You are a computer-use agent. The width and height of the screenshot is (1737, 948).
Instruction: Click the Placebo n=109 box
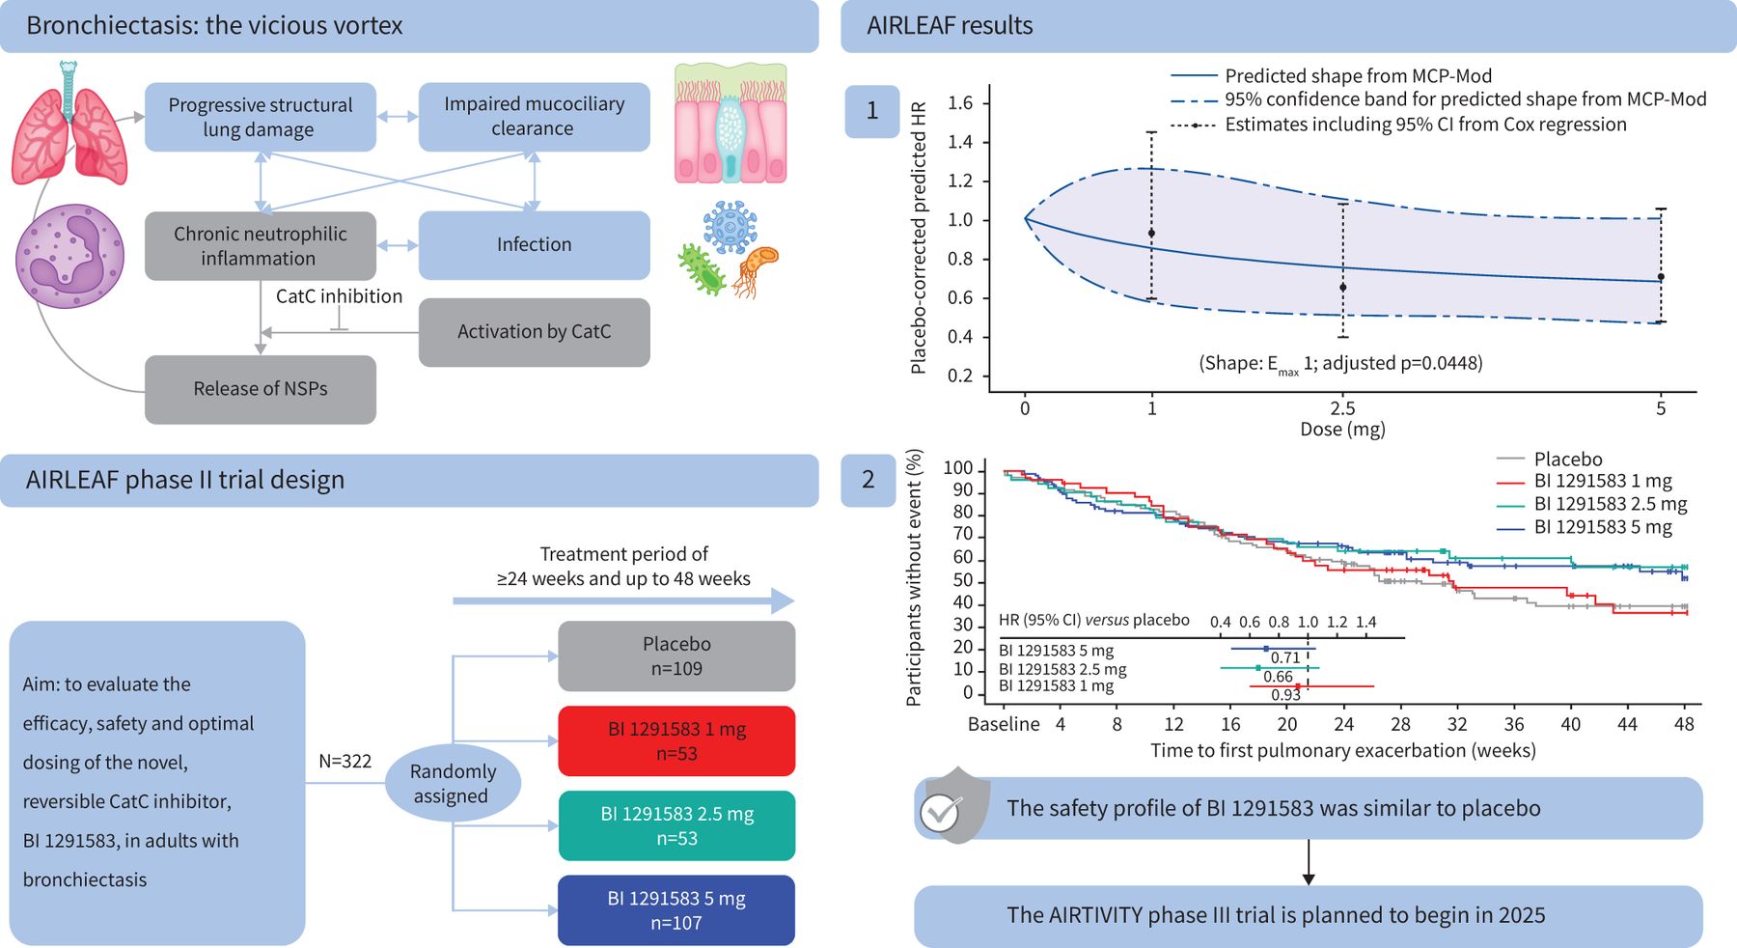(676, 656)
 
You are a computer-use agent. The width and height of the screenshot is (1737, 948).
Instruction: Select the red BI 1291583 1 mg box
(676, 741)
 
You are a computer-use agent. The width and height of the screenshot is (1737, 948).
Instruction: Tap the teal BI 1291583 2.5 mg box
(676, 826)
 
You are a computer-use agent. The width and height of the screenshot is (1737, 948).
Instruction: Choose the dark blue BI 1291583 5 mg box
(676, 910)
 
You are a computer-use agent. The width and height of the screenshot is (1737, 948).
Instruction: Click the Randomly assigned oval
(453, 783)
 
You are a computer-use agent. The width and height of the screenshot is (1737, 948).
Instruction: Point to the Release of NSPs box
(261, 389)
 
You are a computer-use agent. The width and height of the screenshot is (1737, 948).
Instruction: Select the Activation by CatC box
(534, 332)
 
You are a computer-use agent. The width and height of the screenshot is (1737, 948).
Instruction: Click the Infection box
(534, 245)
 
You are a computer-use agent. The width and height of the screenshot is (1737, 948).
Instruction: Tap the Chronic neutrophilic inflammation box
(261, 246)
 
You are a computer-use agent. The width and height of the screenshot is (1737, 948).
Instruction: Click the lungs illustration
(69, 125)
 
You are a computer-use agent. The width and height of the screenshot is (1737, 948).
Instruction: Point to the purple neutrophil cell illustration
(69, 256)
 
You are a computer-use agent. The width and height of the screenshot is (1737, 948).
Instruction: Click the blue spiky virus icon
(730, 227)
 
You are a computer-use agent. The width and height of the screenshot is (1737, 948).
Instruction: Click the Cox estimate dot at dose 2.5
(1342, 288)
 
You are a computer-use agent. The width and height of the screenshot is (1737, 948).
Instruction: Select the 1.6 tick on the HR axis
(960, 103)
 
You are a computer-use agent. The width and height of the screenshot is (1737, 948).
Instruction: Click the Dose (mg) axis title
(1342, 430)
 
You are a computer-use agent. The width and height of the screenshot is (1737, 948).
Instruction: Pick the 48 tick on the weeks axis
(1684, 724)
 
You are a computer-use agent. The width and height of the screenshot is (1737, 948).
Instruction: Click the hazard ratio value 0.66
(1278, 677)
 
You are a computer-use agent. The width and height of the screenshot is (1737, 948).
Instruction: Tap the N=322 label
(345, 762)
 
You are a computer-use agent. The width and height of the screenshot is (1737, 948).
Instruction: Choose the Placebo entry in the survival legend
(1567, 460)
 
